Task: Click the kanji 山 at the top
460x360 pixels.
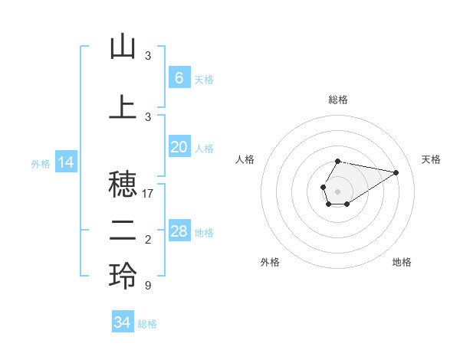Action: (x=123, y=47)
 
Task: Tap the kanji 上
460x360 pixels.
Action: (x=123, y=106)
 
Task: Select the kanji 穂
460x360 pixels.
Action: (x=123, y=185)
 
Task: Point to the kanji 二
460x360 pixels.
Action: (x=123, y=231)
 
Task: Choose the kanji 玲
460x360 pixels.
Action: (x=123, y=277)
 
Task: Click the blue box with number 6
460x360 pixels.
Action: (x=179, y=78)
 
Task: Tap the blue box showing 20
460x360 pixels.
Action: (x=179, y=147)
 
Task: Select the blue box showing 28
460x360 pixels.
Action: (x=179, y=231)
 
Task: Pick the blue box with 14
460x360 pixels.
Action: (x=66, y=162)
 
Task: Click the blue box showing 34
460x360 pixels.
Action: (x=123, y=322)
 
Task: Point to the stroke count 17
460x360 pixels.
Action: (x=148, y=194)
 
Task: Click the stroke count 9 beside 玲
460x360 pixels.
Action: (x=147, y=286)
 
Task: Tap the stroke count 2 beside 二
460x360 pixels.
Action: (x=147, y=240)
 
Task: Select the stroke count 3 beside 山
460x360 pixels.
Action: (x=147, y=56)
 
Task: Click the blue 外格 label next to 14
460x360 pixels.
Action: (x=41, y=163)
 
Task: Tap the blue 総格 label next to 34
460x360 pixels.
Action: (x=147, y=324)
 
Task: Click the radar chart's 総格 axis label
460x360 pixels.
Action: (x=337, y=100)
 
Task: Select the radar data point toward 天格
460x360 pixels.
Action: (x=396, y=172)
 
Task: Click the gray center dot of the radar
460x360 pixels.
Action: (x=337, y=190)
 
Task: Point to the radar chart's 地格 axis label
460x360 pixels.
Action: (x=402, y=262)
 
